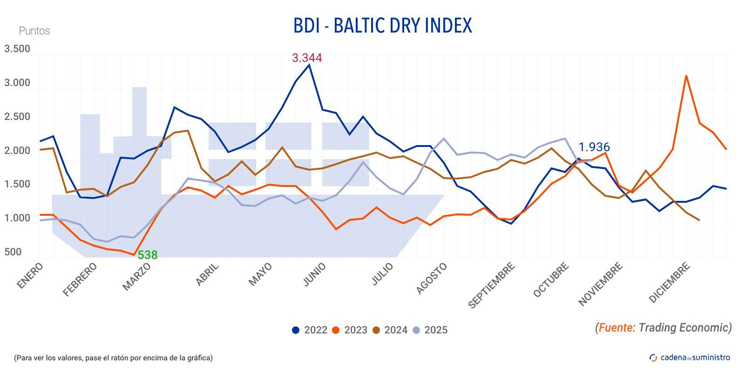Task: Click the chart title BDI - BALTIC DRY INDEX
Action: point(382,26)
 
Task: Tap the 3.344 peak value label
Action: point(306,58)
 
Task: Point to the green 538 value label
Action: point(148,255)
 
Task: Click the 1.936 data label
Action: point(594,147)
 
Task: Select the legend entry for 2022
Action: point(309,330)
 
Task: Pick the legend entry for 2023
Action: point(350,330)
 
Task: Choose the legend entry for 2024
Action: point(390,330)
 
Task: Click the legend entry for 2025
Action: point(430,330)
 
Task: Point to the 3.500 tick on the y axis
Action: point(17,49)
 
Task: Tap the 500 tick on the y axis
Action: point(13,252)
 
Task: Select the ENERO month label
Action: point(30,275)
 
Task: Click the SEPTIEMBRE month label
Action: point(492,285)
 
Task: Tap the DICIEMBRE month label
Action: point(669,282)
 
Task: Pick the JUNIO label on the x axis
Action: point(315,274)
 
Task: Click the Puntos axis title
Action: point(34,31)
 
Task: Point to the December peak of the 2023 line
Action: point(686,76)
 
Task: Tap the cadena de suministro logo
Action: point(690,357)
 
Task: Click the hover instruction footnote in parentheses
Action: point(113,358)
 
